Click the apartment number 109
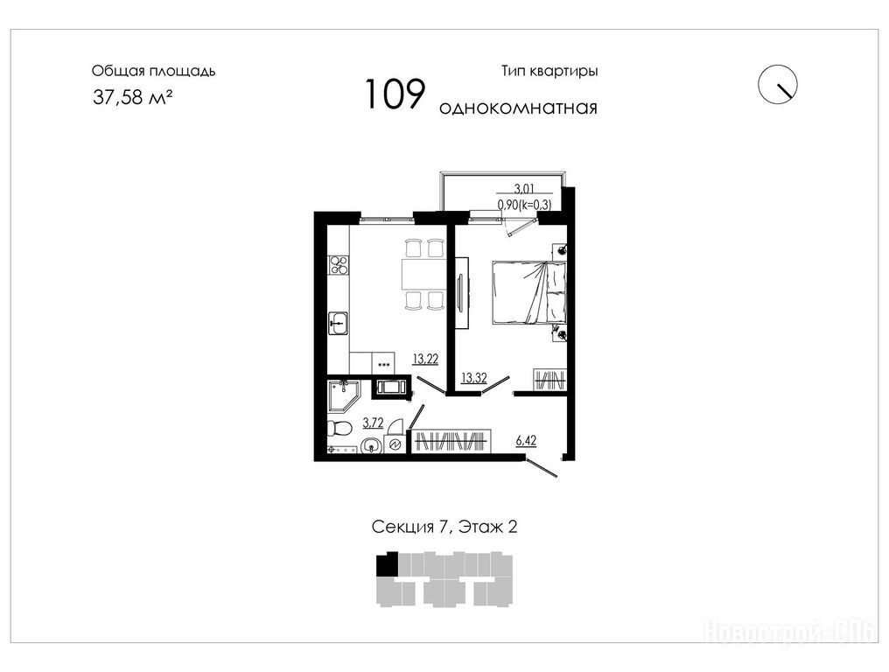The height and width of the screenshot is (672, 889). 395,94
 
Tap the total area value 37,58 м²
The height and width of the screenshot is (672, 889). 133,97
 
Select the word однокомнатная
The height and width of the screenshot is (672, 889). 518,108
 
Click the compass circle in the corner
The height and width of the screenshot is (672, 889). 778,85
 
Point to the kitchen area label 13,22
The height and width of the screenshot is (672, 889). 425,359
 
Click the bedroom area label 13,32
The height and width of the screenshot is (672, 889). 474,378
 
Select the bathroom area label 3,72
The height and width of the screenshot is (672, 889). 373,423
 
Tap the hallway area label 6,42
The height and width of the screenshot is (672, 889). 526,441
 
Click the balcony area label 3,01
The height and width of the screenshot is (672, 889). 524,189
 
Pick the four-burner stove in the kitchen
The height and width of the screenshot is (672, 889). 339,265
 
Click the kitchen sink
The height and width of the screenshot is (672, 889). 339,324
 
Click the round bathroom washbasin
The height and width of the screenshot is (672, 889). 371,447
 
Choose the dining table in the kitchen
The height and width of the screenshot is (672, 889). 423,274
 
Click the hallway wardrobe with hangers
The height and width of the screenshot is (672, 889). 451,442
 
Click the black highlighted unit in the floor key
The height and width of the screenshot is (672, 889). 388,565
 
